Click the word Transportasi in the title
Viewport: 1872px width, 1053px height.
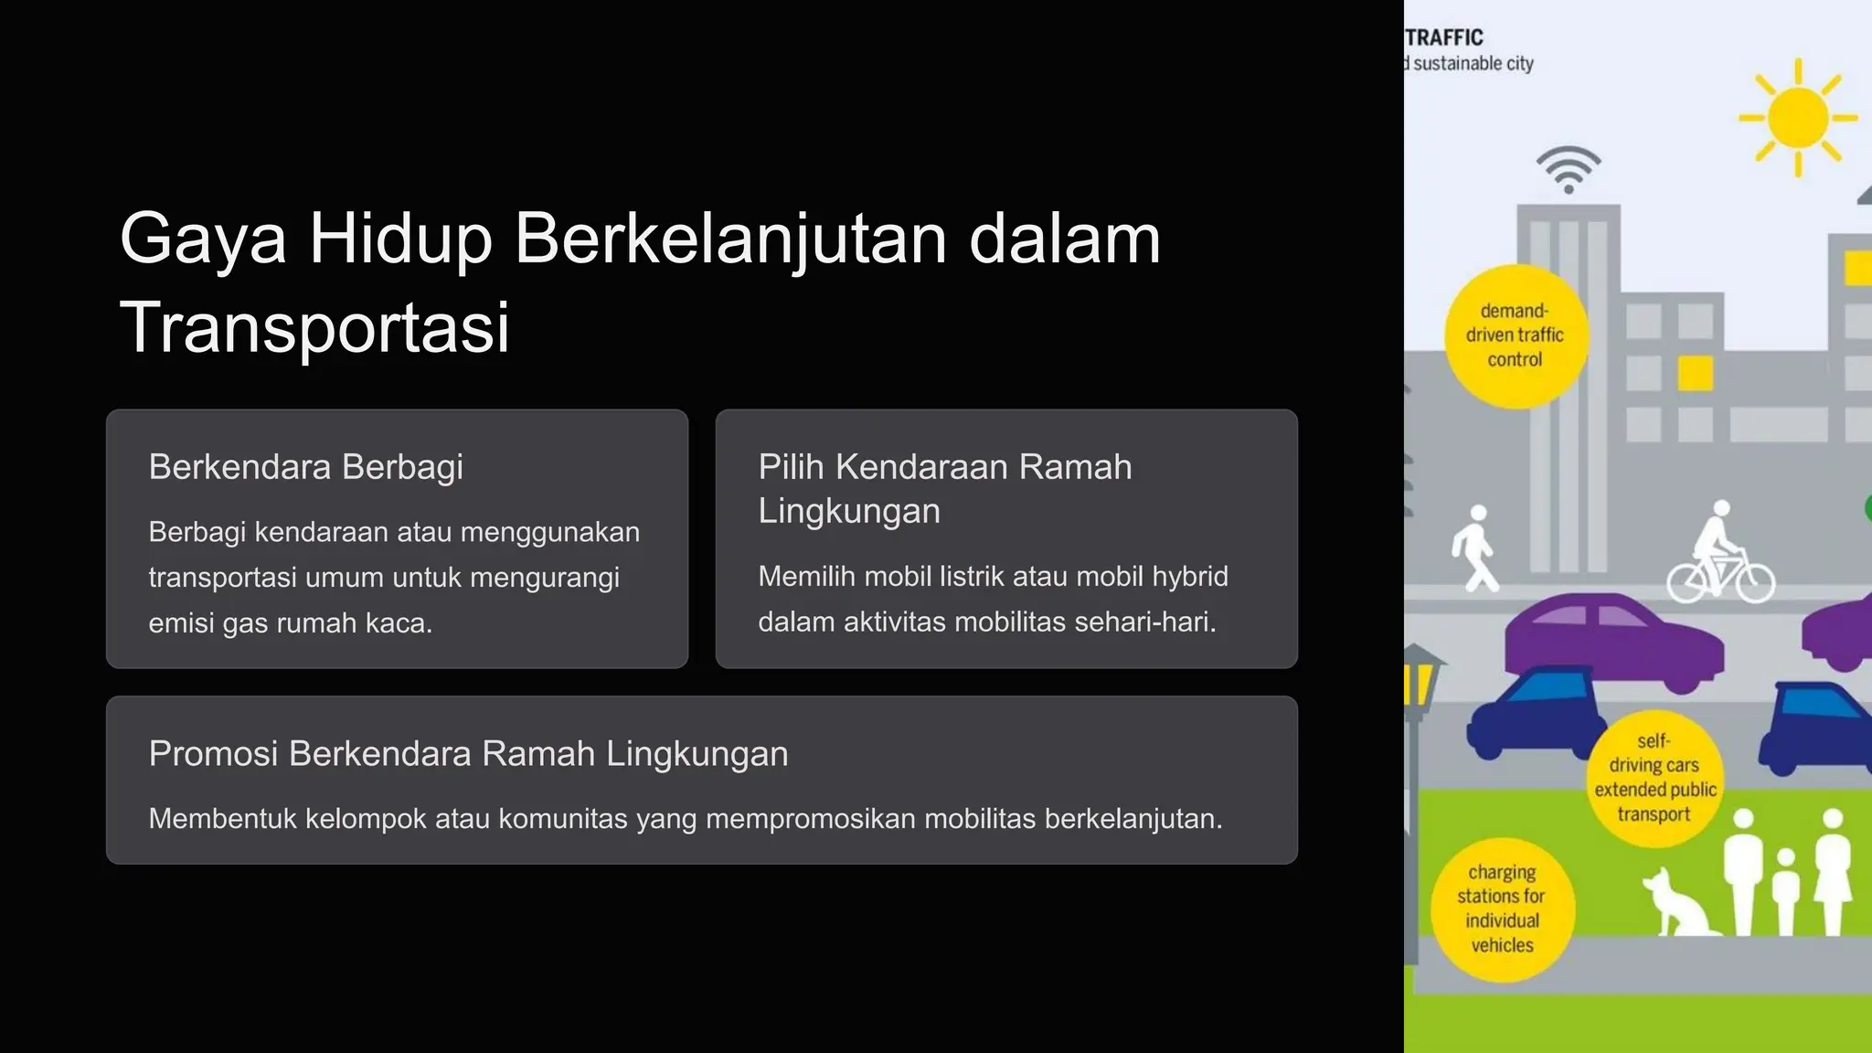(314, 327)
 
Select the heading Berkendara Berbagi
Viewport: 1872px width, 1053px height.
(305, 467)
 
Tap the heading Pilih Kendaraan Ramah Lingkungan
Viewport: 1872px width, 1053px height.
(944, 488)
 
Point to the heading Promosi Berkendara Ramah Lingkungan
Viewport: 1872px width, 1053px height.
(468, 754)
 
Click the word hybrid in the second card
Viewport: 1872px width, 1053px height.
(1190, 577)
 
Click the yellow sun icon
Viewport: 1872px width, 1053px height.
(1797, 118)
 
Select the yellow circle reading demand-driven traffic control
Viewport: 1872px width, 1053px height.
(1516, 335)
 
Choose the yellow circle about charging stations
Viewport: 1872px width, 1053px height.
(1502, 909)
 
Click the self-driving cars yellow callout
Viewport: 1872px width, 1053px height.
(1654, 778)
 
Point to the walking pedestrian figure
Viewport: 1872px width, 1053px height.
(1474, 548)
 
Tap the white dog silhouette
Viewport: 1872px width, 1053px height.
(1678, 903)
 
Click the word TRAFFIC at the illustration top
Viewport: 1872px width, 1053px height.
(1444, 37)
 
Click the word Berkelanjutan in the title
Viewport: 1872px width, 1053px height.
(729, 239)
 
